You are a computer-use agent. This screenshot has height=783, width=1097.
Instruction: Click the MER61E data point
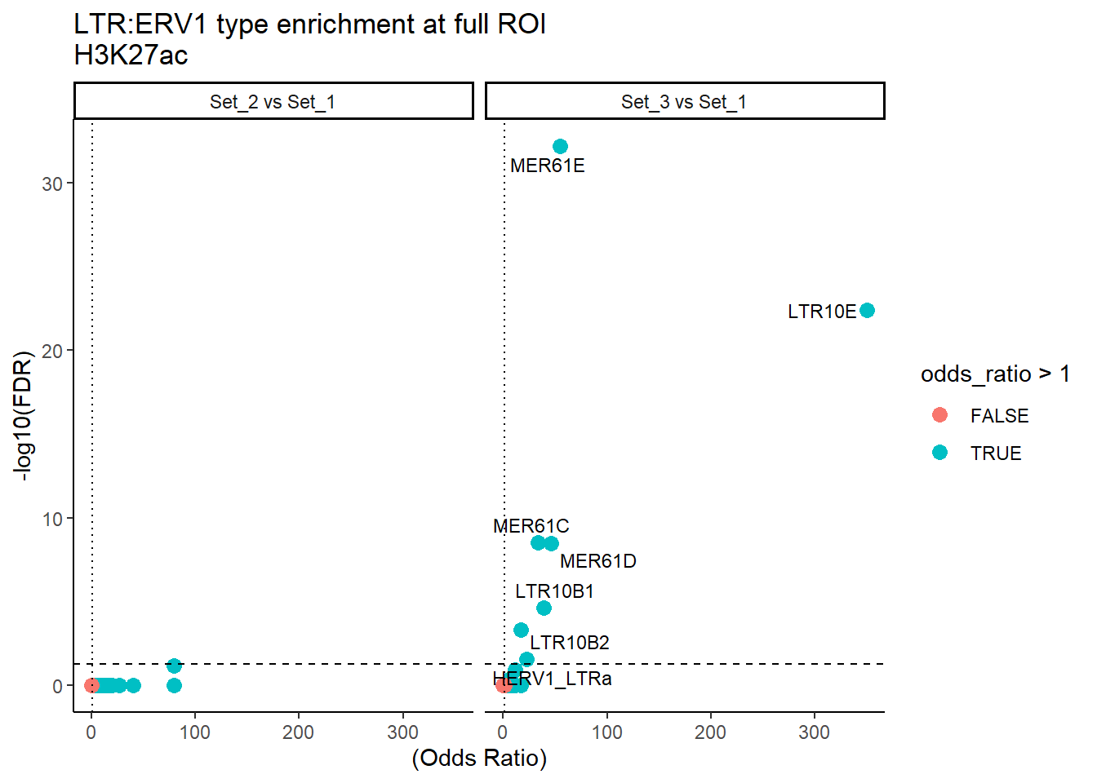[x=560, y=147]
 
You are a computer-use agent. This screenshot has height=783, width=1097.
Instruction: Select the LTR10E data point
[x=867, y=311]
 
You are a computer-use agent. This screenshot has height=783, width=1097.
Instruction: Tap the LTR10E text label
[x=821, y=312]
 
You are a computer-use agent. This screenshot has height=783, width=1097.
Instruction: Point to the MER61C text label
[x=531, y=526]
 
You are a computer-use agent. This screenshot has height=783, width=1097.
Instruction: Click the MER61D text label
[x=597, y=561]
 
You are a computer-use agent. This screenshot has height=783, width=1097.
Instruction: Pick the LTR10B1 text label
[x=554, y=591]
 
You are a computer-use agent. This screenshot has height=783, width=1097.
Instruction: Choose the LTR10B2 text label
[x=569, y=643]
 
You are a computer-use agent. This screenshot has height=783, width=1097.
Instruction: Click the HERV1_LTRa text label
[x=552, y=679]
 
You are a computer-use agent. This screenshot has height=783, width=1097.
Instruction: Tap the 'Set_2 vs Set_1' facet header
[x=273, y=102]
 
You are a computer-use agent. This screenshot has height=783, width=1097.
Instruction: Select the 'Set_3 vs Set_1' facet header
[x=684, y=102]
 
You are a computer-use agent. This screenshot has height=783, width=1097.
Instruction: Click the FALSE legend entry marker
[x=939, y=415]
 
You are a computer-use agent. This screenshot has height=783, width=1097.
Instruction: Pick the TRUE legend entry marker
[x=939, y=453]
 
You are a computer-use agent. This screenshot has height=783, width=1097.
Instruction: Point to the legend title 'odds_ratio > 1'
[x=994, y=374]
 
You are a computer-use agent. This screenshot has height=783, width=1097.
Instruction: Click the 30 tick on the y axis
[x=52, y=184]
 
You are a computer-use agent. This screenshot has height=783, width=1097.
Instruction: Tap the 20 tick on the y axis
[x=52, y=352]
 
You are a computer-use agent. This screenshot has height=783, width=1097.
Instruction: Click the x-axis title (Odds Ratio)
[x=479, y=759]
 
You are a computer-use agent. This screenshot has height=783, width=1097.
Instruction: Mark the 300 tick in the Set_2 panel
[x=402, y=732]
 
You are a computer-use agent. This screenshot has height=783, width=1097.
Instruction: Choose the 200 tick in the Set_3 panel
[x=710, y=732]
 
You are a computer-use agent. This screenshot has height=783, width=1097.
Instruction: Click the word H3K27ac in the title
[x=131, y=55]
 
